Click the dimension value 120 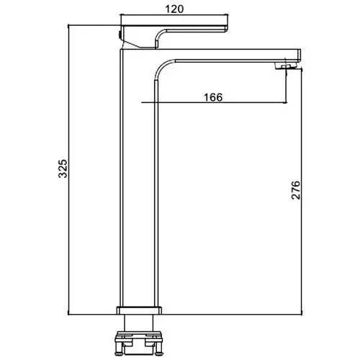174,9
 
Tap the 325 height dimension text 63,168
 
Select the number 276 296,190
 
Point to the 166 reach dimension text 213,97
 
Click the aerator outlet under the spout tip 287,66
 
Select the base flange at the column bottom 139,310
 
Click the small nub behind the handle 120,35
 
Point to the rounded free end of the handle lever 225,28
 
